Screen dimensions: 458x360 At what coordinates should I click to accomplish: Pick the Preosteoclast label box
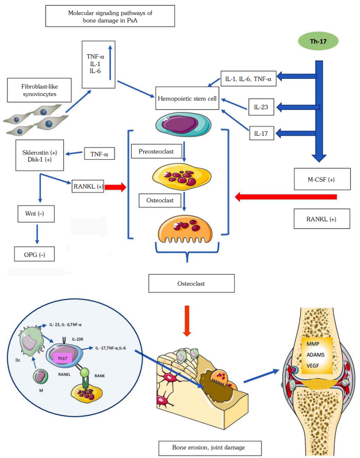pos(160,152)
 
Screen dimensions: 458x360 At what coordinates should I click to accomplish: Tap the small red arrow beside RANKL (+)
pos(114,186)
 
